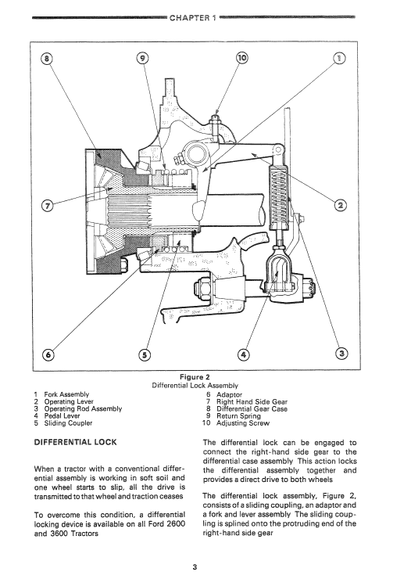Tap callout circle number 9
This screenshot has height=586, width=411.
pyautogui.click(x=141, y=59)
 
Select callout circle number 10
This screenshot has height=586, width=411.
pyautogui.click(x=241, y=59)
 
